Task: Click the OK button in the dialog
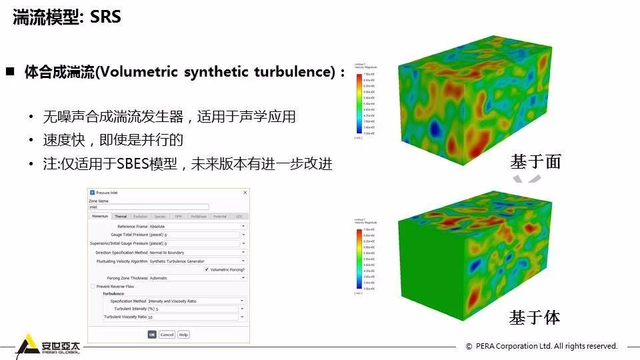pos(152,334)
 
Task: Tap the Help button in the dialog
pos(183,334)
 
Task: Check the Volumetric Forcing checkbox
pos(206,269)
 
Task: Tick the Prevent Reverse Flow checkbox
pos(92,286)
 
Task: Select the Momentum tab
pos(100,216)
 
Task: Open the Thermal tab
pos(121,216)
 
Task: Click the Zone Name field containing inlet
pos(149,207)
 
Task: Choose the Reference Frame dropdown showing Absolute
pos(197,227)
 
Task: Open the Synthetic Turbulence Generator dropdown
pos(197,261)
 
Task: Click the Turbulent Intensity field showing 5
pos(197,309)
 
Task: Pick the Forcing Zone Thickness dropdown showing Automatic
pos(197,278)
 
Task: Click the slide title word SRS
pos(105,17)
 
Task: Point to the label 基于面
pos(535,161)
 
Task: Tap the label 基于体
pos(535,317)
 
